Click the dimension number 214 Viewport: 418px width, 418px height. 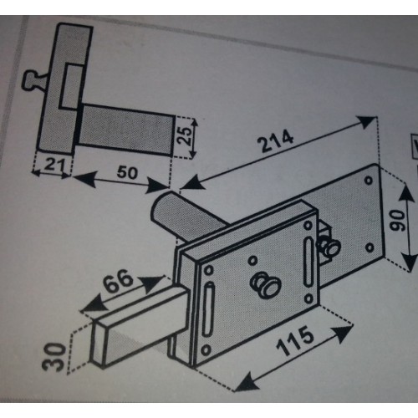tap(276, 140)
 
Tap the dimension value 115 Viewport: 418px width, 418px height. tap(295, 340)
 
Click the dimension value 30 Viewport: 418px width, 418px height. tap(54, 357)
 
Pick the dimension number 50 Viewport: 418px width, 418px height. tap(127, 172)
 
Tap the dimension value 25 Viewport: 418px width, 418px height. tap(185, 136)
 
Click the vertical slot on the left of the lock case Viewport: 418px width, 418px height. tap(208, 309)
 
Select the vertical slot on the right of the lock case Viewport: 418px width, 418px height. tap(308, 263)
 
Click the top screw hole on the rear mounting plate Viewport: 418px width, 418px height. tap(369, 180)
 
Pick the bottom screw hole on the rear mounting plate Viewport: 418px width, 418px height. tap(370, 247)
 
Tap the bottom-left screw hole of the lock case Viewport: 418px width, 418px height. tap(206, 349)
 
